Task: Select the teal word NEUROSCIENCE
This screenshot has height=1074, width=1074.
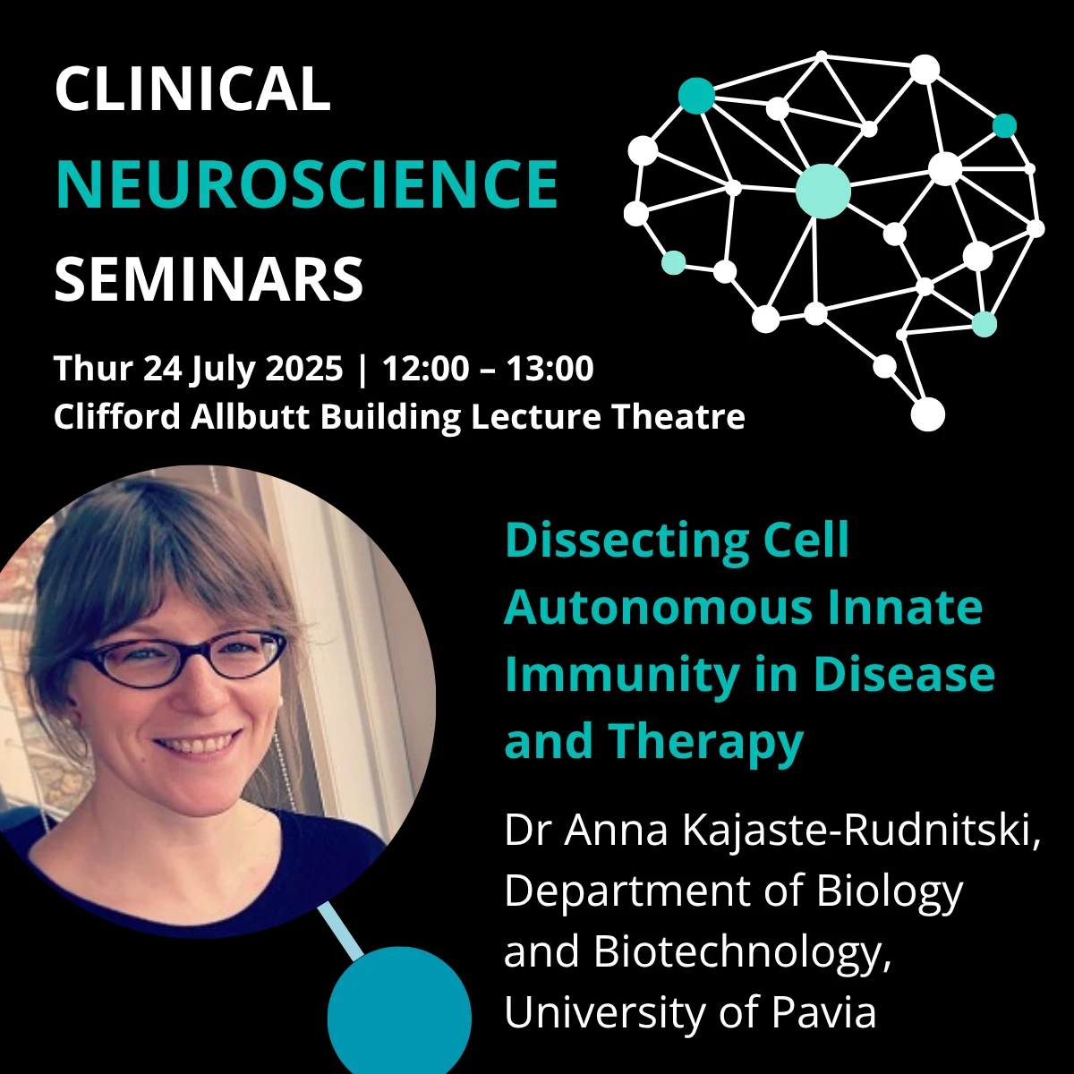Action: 307,183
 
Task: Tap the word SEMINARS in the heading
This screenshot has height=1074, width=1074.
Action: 209,278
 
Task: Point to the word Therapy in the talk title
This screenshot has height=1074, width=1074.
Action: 705,741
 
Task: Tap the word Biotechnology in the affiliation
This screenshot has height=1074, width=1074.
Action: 742,952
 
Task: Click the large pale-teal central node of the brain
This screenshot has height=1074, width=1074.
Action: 823,191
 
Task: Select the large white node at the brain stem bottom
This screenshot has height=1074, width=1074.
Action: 927,414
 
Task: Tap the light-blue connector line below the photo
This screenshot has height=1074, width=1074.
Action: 340,931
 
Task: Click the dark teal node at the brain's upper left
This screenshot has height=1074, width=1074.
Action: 696,96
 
